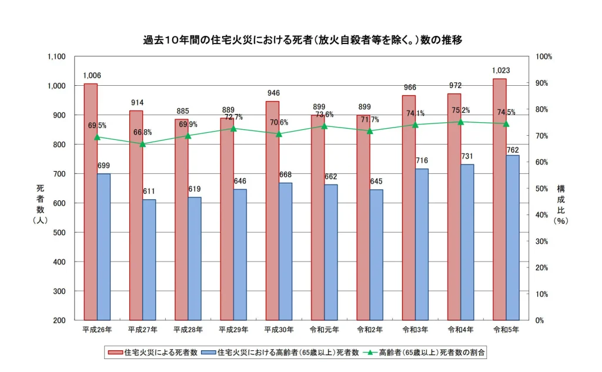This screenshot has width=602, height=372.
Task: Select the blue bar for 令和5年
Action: click(513, 237)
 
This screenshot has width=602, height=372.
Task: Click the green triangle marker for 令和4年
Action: click(460, 122)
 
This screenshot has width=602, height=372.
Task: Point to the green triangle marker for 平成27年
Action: click(143, 144)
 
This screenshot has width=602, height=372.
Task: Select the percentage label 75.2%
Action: click(460, 110)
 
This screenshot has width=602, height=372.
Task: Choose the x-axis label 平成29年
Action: click(233, 329)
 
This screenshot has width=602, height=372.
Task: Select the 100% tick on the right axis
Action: click(544, 57)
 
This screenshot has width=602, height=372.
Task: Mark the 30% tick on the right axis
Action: click(543, 242)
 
